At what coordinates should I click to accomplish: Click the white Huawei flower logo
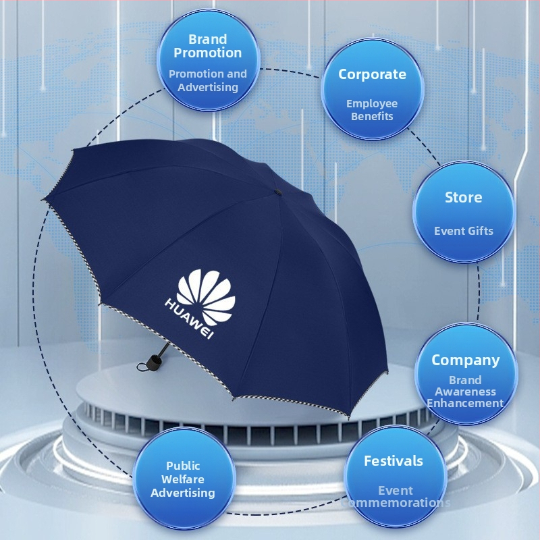pos(206,297)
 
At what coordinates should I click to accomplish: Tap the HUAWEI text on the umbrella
pos(190,319)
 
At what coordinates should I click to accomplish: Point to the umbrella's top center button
pos(277,192)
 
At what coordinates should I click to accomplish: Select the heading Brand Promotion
pos(208,46)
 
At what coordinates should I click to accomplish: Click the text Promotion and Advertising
pos(208,80)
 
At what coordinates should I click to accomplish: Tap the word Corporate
pos(372,74)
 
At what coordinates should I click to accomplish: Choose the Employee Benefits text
pos(372,110)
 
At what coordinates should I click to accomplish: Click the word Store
pos(463,197)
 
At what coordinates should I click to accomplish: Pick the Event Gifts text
pos(464,231)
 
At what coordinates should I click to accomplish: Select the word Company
pos(465,360)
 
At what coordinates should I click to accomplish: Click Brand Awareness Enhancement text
pos(465,391)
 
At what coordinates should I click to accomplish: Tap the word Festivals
pos(394,461)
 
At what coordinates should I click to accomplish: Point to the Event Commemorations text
pos(396,496)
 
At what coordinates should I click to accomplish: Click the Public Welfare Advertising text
pos(183,479)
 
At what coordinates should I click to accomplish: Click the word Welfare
pos(183,479)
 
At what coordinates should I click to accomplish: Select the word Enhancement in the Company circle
pos(465,403)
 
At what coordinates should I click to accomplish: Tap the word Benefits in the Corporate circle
pos(372,116)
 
